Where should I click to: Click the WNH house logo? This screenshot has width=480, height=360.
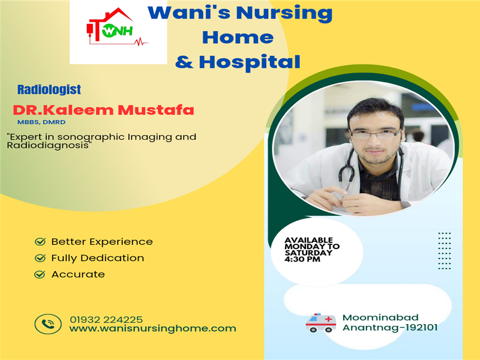117,27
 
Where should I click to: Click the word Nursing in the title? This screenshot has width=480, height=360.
284,13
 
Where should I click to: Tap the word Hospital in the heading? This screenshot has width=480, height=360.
250,62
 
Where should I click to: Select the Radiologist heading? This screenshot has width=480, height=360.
49,89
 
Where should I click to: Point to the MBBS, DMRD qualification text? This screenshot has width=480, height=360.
41,122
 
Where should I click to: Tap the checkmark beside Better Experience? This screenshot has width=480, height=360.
40,242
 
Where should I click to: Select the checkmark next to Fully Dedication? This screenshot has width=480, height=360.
40,258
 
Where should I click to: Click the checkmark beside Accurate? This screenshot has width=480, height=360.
40,274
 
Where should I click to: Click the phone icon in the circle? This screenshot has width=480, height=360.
48,324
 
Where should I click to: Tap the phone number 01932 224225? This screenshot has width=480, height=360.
106,320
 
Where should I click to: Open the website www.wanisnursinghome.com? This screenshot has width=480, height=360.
153,329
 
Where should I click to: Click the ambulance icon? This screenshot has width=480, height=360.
321,323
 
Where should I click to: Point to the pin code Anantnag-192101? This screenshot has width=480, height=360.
390,328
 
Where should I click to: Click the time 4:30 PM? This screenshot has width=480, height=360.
302,259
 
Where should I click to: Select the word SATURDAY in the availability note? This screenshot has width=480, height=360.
308,253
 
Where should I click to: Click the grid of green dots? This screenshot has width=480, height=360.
445,251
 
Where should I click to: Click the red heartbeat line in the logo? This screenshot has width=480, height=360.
141,41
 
